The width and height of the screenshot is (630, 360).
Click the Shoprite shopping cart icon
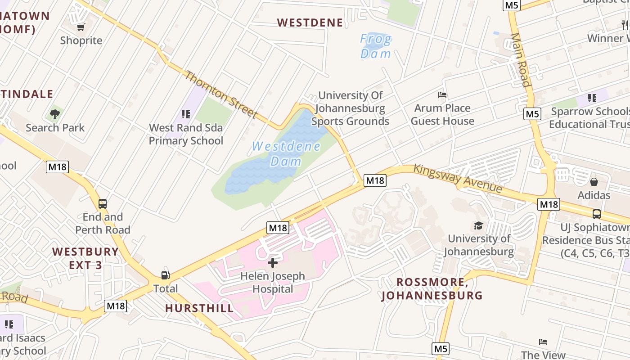81,27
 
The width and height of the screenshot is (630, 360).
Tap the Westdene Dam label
286,153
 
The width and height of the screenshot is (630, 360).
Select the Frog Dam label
376,46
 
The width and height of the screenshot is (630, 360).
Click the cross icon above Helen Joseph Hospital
273,263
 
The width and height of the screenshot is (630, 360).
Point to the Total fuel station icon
166,275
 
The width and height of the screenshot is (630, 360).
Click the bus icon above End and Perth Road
103,204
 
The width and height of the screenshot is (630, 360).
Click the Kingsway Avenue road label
457,178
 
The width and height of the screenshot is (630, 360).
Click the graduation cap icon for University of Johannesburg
479,225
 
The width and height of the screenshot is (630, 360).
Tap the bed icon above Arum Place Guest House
442,95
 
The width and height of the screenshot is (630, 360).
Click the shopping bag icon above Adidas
594,182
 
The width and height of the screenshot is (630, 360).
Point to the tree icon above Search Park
55,114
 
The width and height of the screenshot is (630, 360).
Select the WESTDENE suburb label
310,22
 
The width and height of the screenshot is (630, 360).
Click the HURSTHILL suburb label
199,308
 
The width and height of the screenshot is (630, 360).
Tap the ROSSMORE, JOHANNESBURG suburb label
432,289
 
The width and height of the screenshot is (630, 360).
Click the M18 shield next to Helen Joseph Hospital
278,228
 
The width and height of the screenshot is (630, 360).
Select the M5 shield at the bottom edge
441,348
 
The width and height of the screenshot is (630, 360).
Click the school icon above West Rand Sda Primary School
185,114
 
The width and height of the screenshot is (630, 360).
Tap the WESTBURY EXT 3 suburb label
85,258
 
